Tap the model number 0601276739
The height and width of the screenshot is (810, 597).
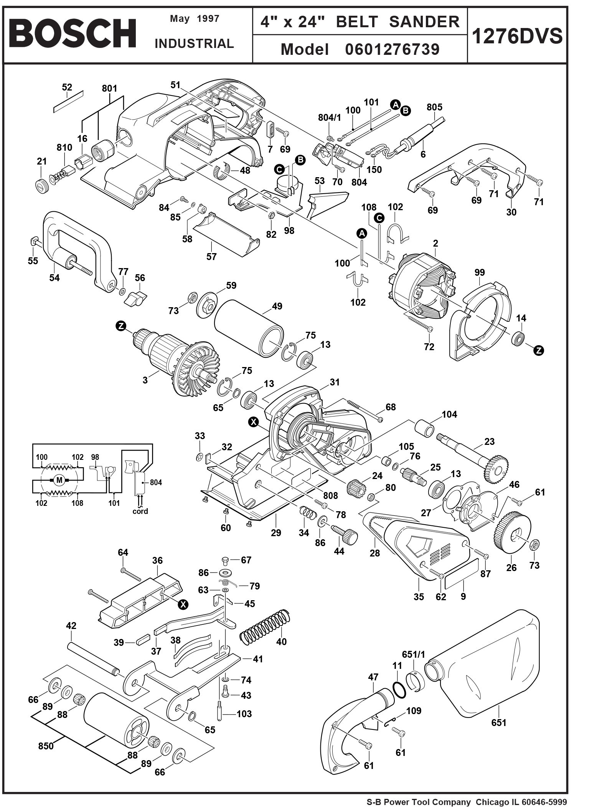click(392, 49)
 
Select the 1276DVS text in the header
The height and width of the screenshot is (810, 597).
click(517, 36)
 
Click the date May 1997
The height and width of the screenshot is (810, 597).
click(195, 19)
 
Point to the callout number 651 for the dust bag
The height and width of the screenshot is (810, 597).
click(498, 723)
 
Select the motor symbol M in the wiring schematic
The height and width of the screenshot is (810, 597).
click(59, 479)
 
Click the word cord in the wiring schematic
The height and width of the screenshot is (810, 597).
click(140, 511)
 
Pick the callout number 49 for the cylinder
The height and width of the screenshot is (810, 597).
click(277, 306)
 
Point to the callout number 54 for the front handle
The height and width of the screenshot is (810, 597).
click(54, 278)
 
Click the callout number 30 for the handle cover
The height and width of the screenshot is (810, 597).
click(511, 212)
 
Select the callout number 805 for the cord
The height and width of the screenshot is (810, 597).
click(434, 107)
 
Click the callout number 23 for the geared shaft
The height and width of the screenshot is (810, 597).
click(489, 441)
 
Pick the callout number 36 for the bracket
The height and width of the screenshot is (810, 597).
click(157, 560)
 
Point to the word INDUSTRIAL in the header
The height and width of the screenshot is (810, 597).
click(194, 44)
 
